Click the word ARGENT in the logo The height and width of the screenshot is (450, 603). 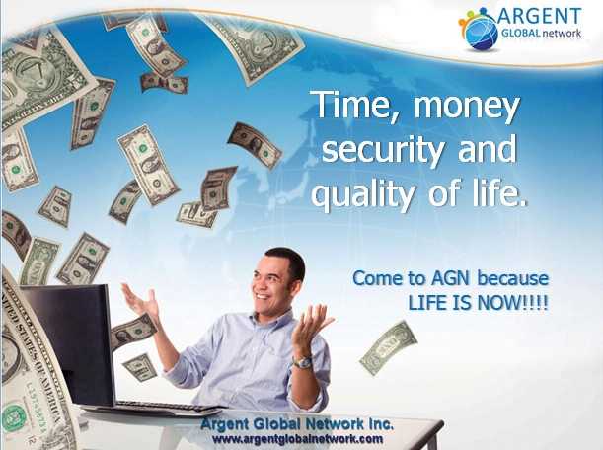(539, 16)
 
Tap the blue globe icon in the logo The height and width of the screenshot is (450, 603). (481, 33)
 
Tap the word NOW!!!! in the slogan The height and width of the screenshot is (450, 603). (512, 303)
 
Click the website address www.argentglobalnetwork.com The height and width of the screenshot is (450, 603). (297, 439)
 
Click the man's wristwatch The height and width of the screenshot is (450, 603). (302, 362)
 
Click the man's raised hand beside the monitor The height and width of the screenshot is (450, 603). (141, 300)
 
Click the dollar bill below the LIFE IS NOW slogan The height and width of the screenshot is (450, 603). (389, 347)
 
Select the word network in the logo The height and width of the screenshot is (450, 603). (562, 34)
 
